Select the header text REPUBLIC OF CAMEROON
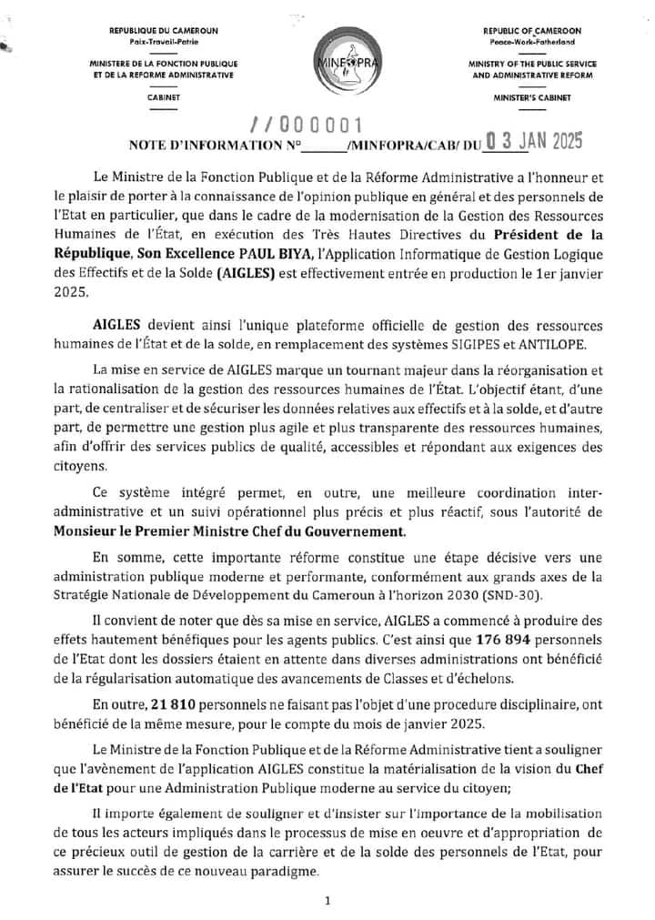532,31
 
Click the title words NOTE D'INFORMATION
207,145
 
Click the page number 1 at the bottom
327,901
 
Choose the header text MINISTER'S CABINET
532,96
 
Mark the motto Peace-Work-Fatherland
532,43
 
